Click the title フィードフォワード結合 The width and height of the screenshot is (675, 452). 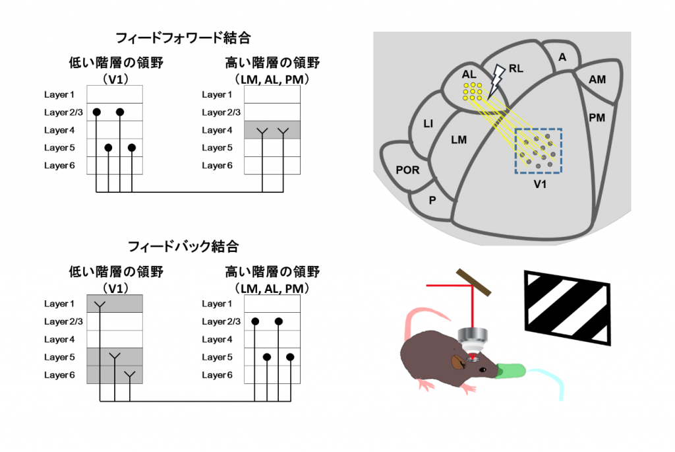183,38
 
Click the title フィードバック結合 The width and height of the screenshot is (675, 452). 183,247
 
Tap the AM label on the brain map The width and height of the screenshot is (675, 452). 597,79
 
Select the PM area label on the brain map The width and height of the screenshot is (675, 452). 597,117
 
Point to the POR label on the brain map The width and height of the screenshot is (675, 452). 407,170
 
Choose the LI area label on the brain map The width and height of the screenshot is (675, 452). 428,123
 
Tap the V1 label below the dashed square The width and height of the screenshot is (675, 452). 540,185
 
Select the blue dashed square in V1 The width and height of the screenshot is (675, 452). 538,151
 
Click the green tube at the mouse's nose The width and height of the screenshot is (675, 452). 512,370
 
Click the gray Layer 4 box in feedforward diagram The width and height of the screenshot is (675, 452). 272,130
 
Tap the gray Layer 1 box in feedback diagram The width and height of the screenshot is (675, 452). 115,304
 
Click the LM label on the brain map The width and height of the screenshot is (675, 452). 459,139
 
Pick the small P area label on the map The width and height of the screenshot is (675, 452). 432,200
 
